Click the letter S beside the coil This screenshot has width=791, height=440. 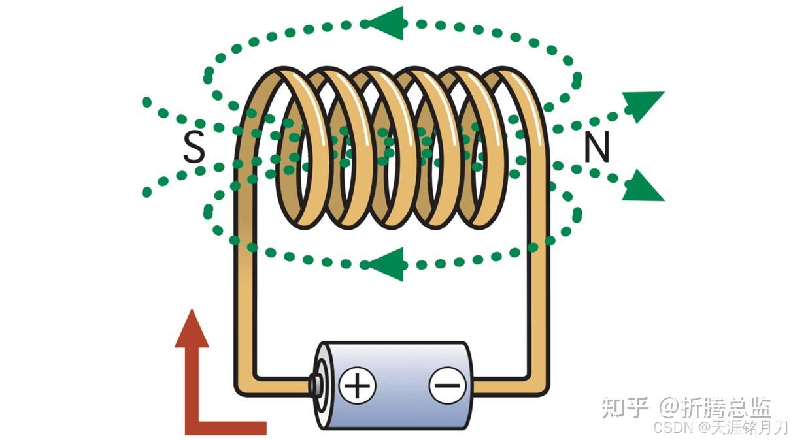[194, 147]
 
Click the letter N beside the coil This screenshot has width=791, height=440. [596, 148]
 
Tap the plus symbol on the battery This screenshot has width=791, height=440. [357, 385]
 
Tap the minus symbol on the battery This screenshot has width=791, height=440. [447, 385]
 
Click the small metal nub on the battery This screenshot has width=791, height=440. [315, 385]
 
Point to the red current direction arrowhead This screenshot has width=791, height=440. [192, 330]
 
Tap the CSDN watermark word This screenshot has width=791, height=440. [674, 428]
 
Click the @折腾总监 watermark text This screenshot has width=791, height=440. [715, 408]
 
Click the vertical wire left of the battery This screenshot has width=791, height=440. [245, 294]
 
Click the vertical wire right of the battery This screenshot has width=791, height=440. [539, 294]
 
